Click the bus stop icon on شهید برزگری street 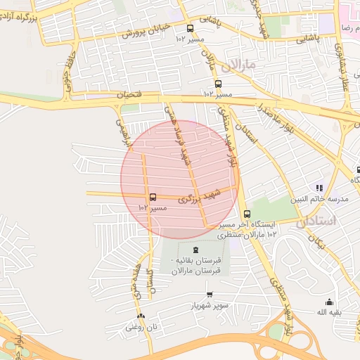point(153,197)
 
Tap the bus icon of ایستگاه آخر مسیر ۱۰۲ point(246,214)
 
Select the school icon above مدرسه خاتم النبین point(319,188)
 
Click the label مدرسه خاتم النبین point(325,199)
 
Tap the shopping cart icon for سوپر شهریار point(209,295)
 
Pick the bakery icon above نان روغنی point(141,316)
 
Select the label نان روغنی point(139,326)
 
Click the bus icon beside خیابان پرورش point(190,28)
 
